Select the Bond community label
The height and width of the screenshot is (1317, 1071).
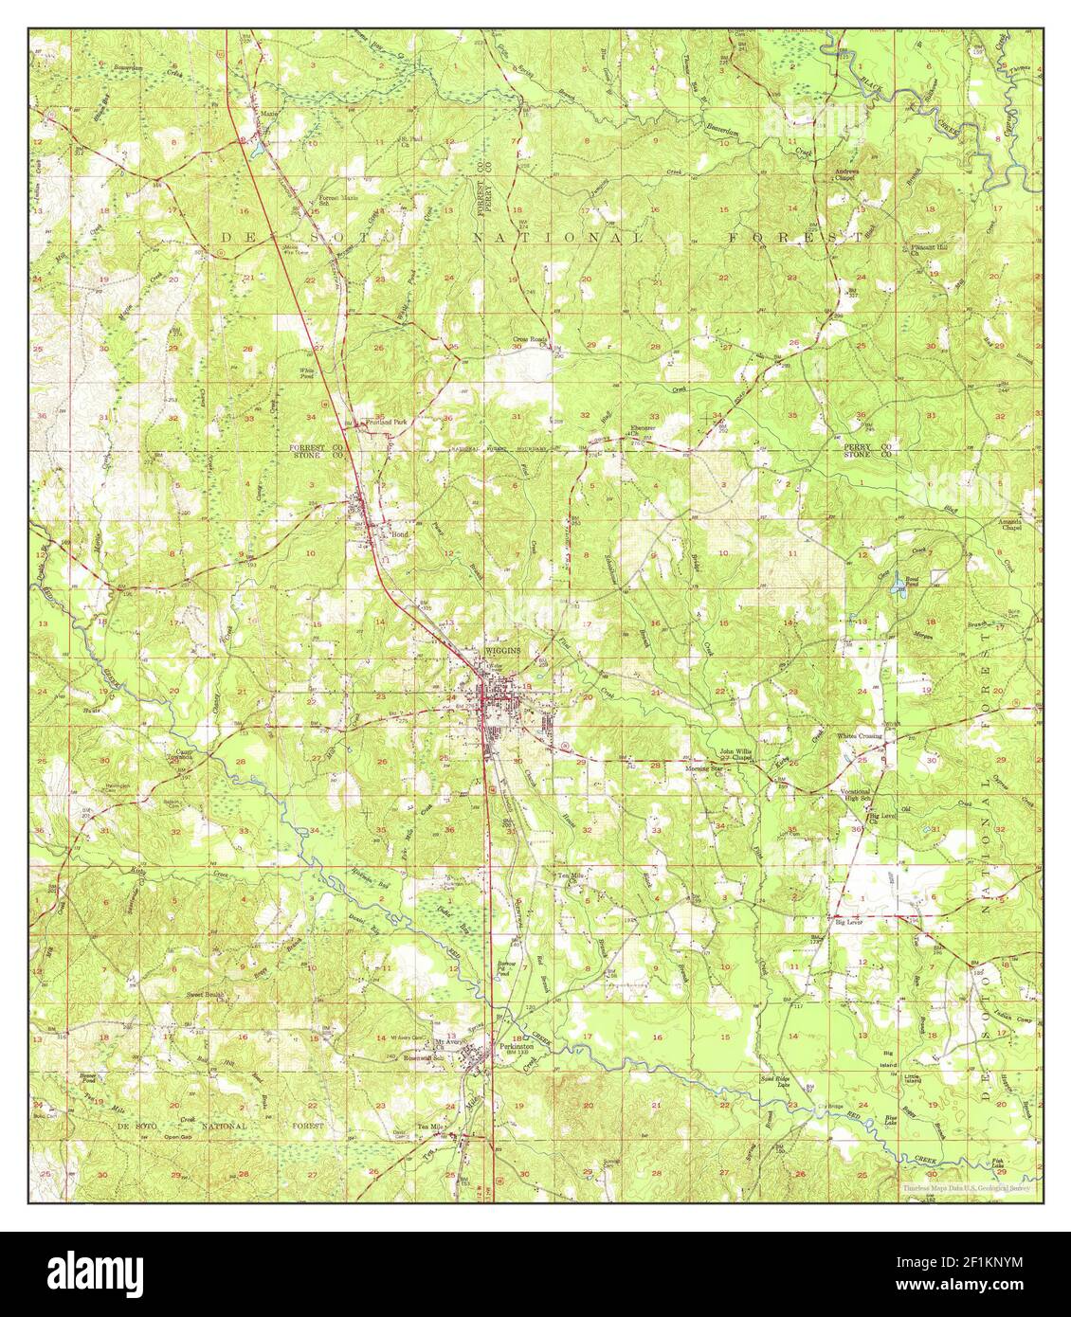400,534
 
